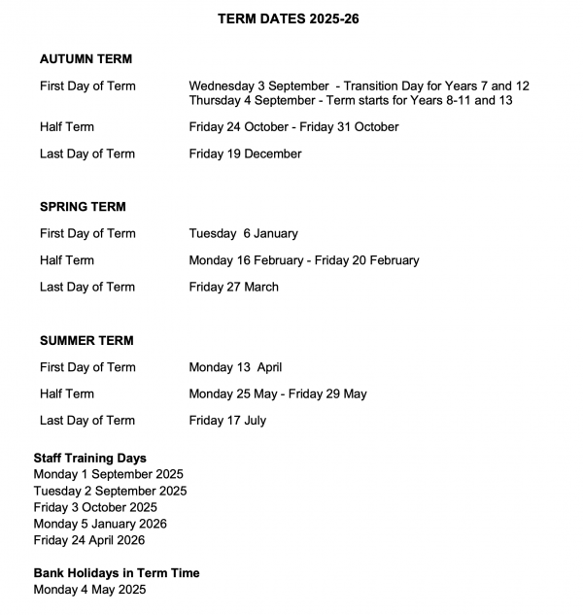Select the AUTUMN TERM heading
coord(86,59)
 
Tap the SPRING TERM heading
coord(83,207)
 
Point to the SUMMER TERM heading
coord(86,341)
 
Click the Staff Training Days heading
coord(90,459)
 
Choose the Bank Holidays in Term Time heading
coord(117,573)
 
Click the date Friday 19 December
coord(245,154)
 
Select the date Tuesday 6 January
coord(243,233)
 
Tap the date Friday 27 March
coord(233,287)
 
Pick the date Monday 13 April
coord(235,367)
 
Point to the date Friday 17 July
coord(227,421)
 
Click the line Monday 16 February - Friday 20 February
coord(304,260)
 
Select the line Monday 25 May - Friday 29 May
coord(278,394)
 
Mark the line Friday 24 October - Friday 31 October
coord(293,127)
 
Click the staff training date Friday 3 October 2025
coord(95,507)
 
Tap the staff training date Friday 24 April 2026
coord(88,540)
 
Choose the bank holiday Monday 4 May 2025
coord(89,590)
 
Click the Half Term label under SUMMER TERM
coord(67,394)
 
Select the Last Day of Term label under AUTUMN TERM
coord(87,154)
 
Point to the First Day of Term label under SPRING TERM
coord(87,233)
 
